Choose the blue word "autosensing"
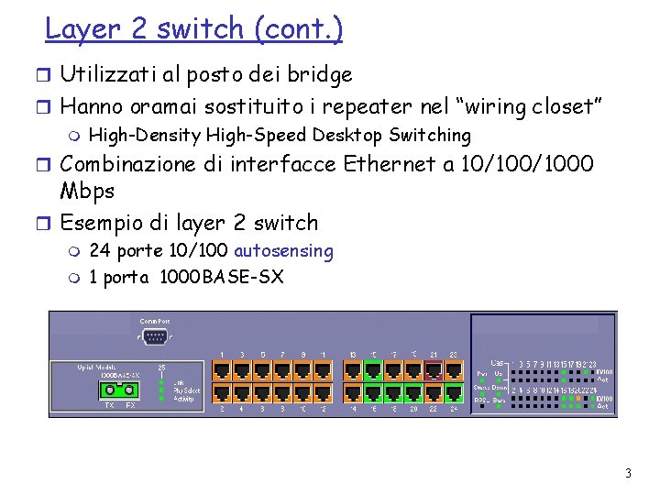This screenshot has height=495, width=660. pyautogui.click(x=284, y=251)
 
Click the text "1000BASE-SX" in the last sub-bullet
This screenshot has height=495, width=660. pyautogui.click(x=221, y=277)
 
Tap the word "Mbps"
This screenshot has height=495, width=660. pyautogui.click(x=87, y=192)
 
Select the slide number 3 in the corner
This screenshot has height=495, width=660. pyautogui.click(x=628, y=474)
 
